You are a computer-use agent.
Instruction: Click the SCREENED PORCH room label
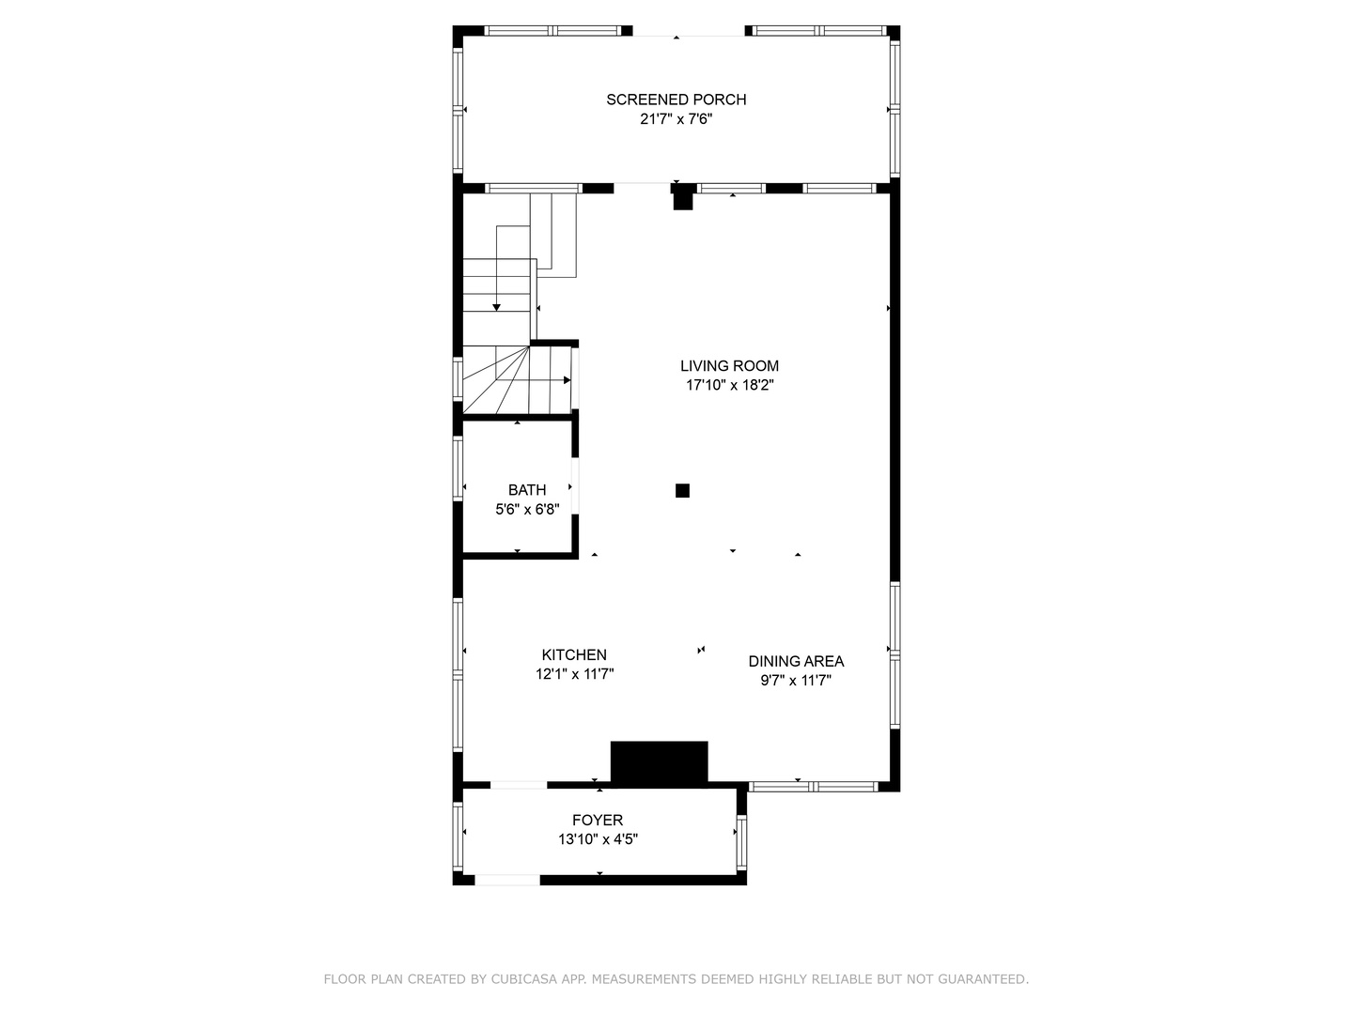[x=676, y=100]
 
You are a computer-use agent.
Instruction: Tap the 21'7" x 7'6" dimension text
[x=676, y=119]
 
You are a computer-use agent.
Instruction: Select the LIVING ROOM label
[x=729, y=366]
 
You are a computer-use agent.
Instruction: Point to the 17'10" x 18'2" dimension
[x=730, y=385]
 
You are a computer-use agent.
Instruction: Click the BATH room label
[x=527, y=490]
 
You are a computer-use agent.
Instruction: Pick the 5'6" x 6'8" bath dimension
[x=527, y=510]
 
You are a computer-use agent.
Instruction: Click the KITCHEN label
[x=574, y=655]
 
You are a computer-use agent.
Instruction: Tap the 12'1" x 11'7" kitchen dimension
[x=574, y=675]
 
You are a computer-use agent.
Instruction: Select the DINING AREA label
[x=796, y=661]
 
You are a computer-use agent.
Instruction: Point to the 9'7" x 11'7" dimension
[x=796, y=681]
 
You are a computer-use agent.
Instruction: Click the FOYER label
[x=598, y=820]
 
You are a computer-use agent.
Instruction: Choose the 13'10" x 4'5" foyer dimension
[x=598, y=839]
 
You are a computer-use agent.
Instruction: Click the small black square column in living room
[x=682, y=491]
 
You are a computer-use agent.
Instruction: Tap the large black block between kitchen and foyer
[x=659, y=762]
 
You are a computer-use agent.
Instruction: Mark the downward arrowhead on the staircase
[x=496, y=307]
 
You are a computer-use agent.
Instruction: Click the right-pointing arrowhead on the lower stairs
[x=568, y=380]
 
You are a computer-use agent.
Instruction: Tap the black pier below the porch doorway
[x=683, y=197]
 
